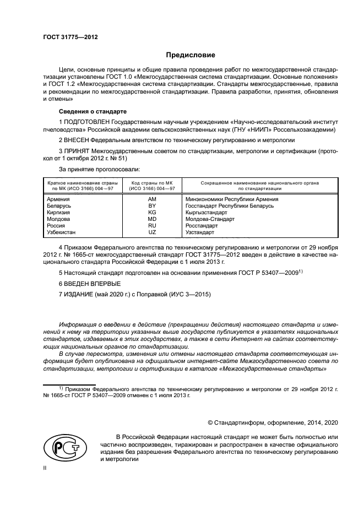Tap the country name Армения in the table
(58, 199)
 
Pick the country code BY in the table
(153, 205)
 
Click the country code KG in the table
(153, 212)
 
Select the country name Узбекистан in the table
(62, 232)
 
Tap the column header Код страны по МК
(152, 182)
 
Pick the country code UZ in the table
(153, 232)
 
